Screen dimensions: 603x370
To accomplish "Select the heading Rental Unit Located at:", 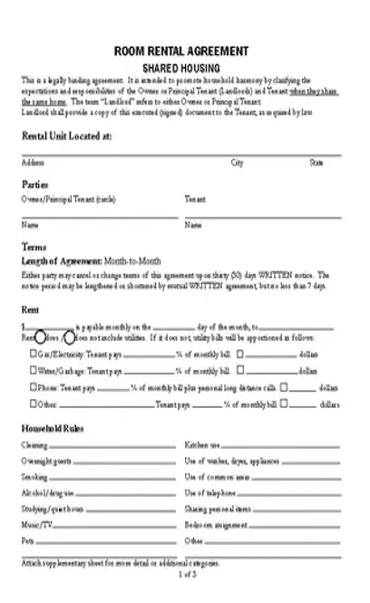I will (67, 136).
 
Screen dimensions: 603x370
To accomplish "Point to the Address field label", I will (33, 163).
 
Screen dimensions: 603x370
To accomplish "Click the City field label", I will (238, 163).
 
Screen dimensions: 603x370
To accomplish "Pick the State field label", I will (316, 163).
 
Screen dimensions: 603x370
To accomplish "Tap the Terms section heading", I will (34, 246).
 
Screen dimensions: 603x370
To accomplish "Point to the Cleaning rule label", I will (34, 445).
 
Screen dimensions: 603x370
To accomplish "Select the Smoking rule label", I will (34, 476).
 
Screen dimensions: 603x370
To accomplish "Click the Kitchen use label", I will (202, 445).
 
